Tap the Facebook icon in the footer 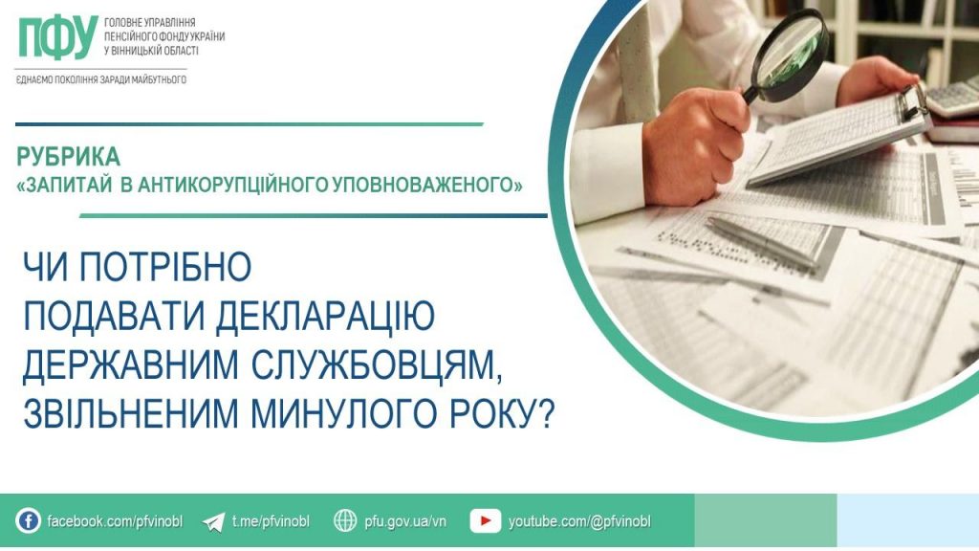coord(29,521)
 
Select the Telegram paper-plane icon coord(214,521)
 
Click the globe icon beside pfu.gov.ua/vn coord(345,521)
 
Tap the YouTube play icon coord(486,521)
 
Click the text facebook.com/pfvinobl coord(115,521)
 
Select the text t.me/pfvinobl coord(271,521)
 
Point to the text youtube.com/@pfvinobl coord(579,521)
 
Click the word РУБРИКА coord(69,156)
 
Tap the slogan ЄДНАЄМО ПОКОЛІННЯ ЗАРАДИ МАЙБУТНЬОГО coord(101,79)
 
